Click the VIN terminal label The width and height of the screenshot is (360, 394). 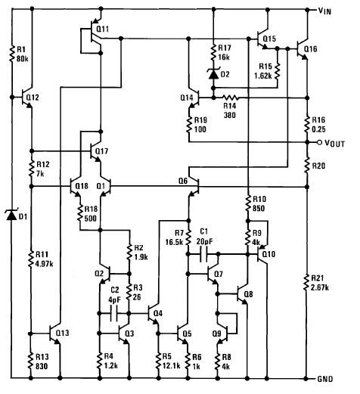[324, 11]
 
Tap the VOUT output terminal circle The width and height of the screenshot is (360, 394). [319, 142]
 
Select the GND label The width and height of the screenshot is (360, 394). [325, 379]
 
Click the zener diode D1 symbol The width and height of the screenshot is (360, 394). [11, 216]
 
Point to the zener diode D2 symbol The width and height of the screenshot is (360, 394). [213, 73]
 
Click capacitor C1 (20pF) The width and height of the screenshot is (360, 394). [203, 254]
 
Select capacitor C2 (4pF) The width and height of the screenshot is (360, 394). [114, 313]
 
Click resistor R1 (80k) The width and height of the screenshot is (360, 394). [11, 54]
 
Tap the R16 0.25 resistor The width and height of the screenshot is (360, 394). [307, 124]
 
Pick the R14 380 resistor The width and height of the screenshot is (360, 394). [230, 98]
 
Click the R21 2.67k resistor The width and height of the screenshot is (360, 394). [307, 282]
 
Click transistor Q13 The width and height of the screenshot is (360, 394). [54, 334]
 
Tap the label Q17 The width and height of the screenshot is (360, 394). [101, 151]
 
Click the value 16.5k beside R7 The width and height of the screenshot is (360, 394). [174, 242]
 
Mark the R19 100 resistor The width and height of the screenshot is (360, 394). [188, 124]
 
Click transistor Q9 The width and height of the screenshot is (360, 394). [223, 334]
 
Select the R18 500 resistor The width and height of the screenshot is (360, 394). [80, 214]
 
